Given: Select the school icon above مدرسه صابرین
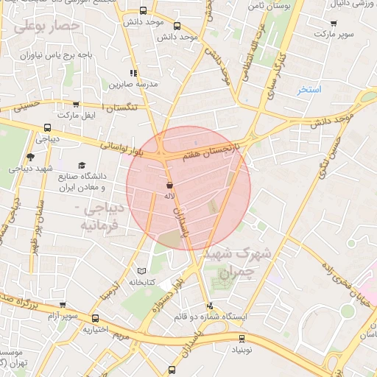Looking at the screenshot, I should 133,73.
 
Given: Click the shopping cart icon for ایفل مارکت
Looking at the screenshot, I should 77,105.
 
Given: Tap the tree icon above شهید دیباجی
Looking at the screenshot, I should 30,156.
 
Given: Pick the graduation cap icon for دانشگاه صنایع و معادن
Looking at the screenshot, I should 82,166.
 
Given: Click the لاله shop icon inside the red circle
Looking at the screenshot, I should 170,186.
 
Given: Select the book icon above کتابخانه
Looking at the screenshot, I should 142,271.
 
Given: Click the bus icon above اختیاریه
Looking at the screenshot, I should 96,318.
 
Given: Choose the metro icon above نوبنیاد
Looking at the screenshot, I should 242,339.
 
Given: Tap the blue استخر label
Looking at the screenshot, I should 309,90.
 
